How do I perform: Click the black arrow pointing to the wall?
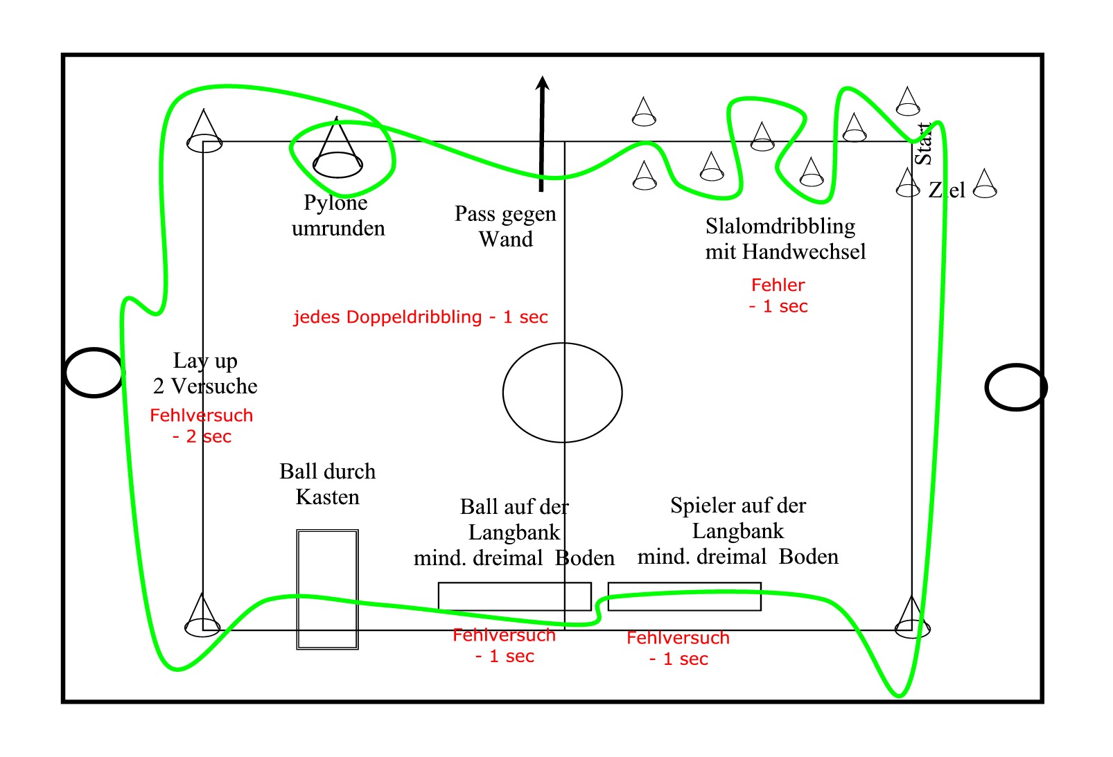pos(541,134)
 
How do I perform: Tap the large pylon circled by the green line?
pos(338,148)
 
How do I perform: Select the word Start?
pos(923,144)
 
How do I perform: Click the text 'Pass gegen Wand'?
pos(505,226)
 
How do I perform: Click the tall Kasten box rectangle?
pos(297,589)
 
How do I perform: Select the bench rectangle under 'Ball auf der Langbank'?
pos(515,582)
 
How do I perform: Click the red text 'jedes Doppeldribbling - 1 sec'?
pos(421,317)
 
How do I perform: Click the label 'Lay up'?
pos(204,361)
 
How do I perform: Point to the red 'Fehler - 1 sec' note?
pos(778,296)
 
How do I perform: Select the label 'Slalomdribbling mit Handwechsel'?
pos(785,239)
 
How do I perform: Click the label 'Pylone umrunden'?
pos(338,215)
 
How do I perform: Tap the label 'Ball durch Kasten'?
pos(327,484)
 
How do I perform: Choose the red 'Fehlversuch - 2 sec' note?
pos(201,426)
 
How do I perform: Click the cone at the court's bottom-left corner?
pos(202,616)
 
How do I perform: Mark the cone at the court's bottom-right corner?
pos(912,618)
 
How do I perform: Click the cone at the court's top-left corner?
pos(204,132)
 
